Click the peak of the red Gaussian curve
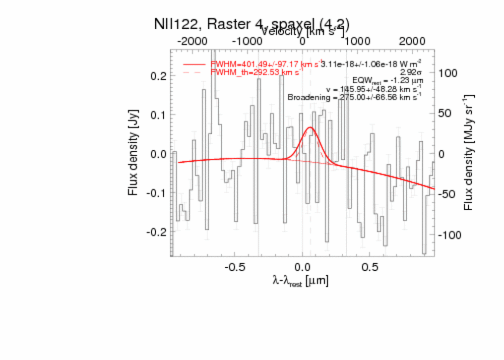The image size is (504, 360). click(310, 127)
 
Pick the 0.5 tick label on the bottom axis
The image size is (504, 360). click(370, 267)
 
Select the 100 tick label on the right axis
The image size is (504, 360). click(448, 73)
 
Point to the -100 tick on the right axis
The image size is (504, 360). click(449, 235)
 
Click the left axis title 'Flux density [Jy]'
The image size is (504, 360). click(133, 154)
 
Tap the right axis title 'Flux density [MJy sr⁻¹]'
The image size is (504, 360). click(469, 154)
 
